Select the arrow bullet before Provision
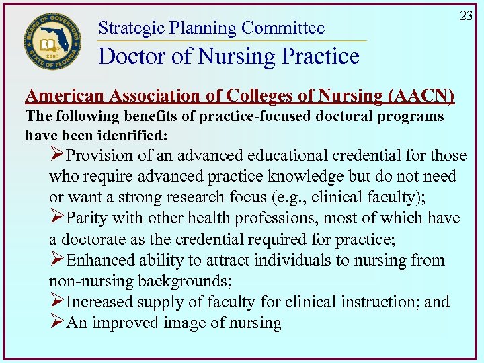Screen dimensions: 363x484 [57, 156]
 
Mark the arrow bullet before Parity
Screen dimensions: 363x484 [57, 218]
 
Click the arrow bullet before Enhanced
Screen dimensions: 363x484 [57, 260]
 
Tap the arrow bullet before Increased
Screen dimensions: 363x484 [57, 302]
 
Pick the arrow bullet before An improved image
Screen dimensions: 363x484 [57, 323]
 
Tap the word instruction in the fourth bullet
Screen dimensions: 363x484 [380, 302]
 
